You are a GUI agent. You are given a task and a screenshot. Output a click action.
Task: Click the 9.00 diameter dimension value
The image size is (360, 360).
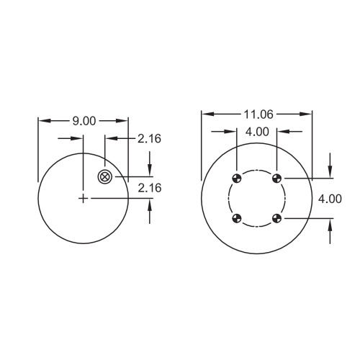pyautogui.click(x=84, y=121)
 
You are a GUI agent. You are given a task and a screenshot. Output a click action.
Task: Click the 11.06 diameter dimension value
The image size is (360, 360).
pyautogui.click(x=258, y=114)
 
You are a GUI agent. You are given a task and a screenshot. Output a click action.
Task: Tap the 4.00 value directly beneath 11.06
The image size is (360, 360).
pyautogui.click(x=257, y=132)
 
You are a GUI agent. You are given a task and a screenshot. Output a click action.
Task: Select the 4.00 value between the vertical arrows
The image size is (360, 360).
pyautogui.click(x=330, y=199)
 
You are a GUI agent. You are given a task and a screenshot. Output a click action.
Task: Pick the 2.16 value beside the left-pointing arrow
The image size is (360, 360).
pyautogui.click(x=149, y=139)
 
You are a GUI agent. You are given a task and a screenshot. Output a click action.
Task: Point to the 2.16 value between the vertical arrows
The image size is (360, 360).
pyautogui.click(x=150, y=188)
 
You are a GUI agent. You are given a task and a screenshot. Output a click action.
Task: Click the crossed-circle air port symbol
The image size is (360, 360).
pyautogui.click(x=105, y=177)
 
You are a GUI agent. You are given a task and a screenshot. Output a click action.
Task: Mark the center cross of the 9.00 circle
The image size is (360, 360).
pyautogui.click(x=83, y=199)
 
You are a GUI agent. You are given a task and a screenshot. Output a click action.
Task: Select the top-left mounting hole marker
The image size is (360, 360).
pyautogui.click(x=237, y=178)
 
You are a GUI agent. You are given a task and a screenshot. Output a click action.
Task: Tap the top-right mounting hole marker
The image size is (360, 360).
pyautogui.click(x=276, y=178)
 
